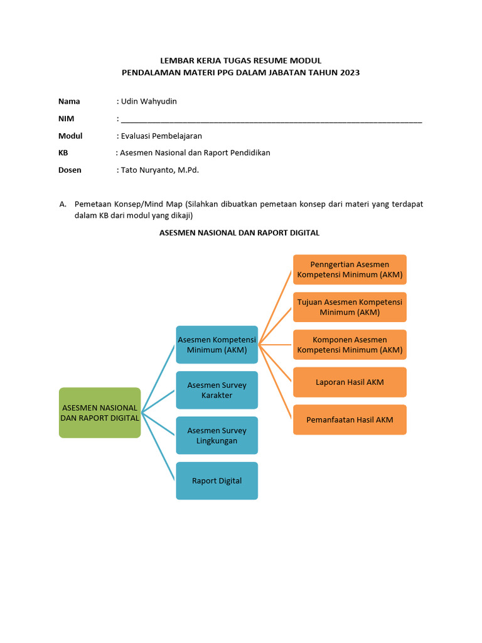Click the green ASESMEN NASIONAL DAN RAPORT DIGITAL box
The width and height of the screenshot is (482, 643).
coord(100,413)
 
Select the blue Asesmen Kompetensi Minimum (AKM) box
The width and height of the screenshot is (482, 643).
coord(217,345)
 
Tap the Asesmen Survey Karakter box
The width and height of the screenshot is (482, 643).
coord(217,390)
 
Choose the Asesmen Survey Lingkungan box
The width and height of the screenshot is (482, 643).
coord(217,435)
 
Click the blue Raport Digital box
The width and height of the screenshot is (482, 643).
coord(217,481)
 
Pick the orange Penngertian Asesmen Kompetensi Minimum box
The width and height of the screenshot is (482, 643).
coord(350,269)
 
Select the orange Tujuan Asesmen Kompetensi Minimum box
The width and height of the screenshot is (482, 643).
coord(350,307)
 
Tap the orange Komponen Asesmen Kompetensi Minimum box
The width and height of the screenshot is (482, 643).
coord(350,345)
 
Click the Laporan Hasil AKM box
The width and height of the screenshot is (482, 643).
coord(350,382)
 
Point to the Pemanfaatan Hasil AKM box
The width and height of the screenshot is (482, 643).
coord(350,419)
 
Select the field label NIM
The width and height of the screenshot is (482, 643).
coord(66,118)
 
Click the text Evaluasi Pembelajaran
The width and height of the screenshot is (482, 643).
coord(161,136)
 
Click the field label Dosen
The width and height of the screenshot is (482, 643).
coord(70,170)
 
